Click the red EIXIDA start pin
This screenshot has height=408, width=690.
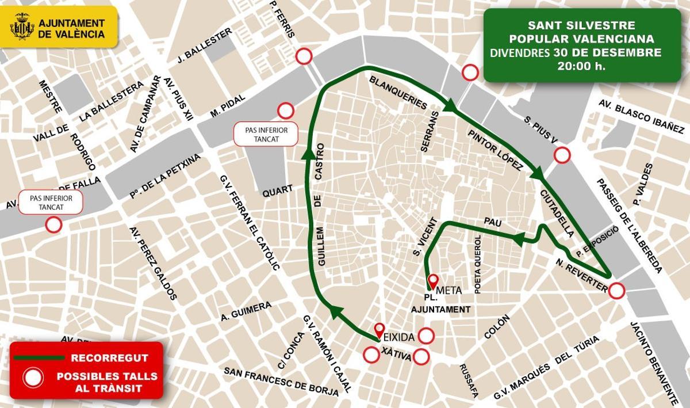[x=379, y=330]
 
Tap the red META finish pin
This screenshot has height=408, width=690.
[x=432, y=281]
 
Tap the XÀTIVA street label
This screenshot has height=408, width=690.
[x=396, y=357]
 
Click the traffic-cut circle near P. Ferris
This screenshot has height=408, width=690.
[x=304, y=56]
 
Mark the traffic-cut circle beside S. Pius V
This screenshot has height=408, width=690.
[x=561, y=155]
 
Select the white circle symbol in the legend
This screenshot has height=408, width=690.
[x=33, y=378]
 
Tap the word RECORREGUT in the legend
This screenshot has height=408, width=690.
[x=109, y=358]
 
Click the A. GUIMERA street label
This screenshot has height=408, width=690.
[x=246, y=311]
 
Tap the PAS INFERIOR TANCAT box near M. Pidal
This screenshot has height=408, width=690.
[x=266, y=134]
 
